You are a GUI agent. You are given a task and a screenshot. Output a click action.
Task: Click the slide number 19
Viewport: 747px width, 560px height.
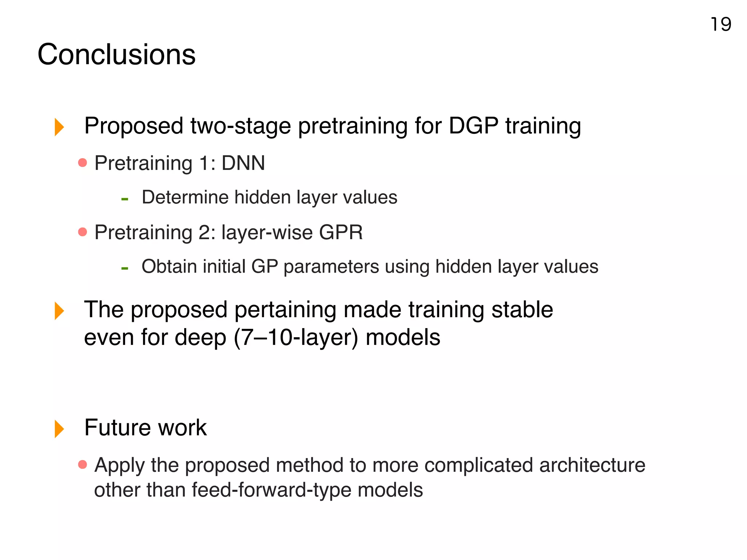click(x=721, y=25)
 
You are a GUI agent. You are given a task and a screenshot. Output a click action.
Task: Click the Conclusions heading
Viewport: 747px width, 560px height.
click(x=116, y=55)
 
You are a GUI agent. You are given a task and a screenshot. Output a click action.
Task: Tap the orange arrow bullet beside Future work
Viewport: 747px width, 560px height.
click(x=59, y=428)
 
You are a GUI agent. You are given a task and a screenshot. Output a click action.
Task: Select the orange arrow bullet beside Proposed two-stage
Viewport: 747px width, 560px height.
click(x=59, y=127)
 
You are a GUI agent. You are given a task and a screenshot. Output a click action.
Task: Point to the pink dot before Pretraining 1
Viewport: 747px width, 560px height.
click(x=83, y=163)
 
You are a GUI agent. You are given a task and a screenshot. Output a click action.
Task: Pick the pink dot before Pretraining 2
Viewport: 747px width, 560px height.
click(x=83, y=232)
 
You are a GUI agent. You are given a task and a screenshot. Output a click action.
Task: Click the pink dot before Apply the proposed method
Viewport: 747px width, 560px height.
click(x=83, y=464)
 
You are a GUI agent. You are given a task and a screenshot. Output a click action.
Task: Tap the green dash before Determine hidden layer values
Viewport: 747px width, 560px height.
click(x=125, y=199)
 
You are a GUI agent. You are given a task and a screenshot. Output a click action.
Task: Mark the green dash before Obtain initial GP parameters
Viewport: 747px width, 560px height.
click(x=125, y=268)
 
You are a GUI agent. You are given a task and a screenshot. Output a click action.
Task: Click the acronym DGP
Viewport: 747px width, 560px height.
click(x=473, y=126)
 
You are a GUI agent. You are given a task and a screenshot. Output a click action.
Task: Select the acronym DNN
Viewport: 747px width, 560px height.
click(x=243, y=163)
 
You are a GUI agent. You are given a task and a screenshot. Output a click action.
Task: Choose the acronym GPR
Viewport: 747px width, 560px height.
click(x=341, y=232)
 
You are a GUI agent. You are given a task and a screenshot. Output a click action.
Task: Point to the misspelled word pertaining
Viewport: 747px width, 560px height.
click(x=285, y=310)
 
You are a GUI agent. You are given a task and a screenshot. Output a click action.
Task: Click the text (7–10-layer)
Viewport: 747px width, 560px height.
click(x=296, y=338)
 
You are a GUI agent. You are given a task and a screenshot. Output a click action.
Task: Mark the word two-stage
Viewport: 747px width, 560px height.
click(x=240, y=126)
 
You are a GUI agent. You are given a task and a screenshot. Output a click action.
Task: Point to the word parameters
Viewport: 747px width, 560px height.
click(x=331, y=267)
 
